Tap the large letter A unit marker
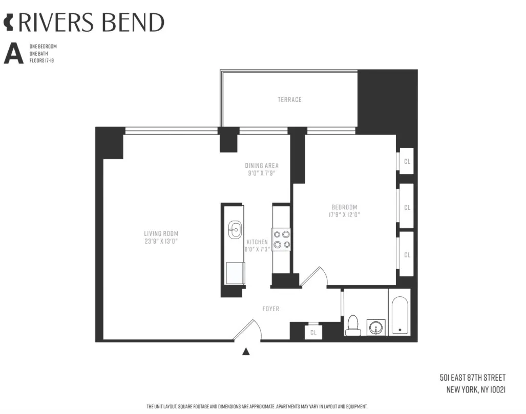(14, 53)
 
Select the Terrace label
(289, 99)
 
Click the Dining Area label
(261, 165)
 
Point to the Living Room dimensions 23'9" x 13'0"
(161, 241)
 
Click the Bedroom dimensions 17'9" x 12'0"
(344, 215)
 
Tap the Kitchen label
(257, 242)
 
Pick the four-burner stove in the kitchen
(281, 239)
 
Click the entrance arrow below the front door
(246, 351)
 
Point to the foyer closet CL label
(313, 333)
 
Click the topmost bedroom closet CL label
(407, 161)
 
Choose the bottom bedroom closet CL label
(407, 254)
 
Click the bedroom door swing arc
(315, 276)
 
